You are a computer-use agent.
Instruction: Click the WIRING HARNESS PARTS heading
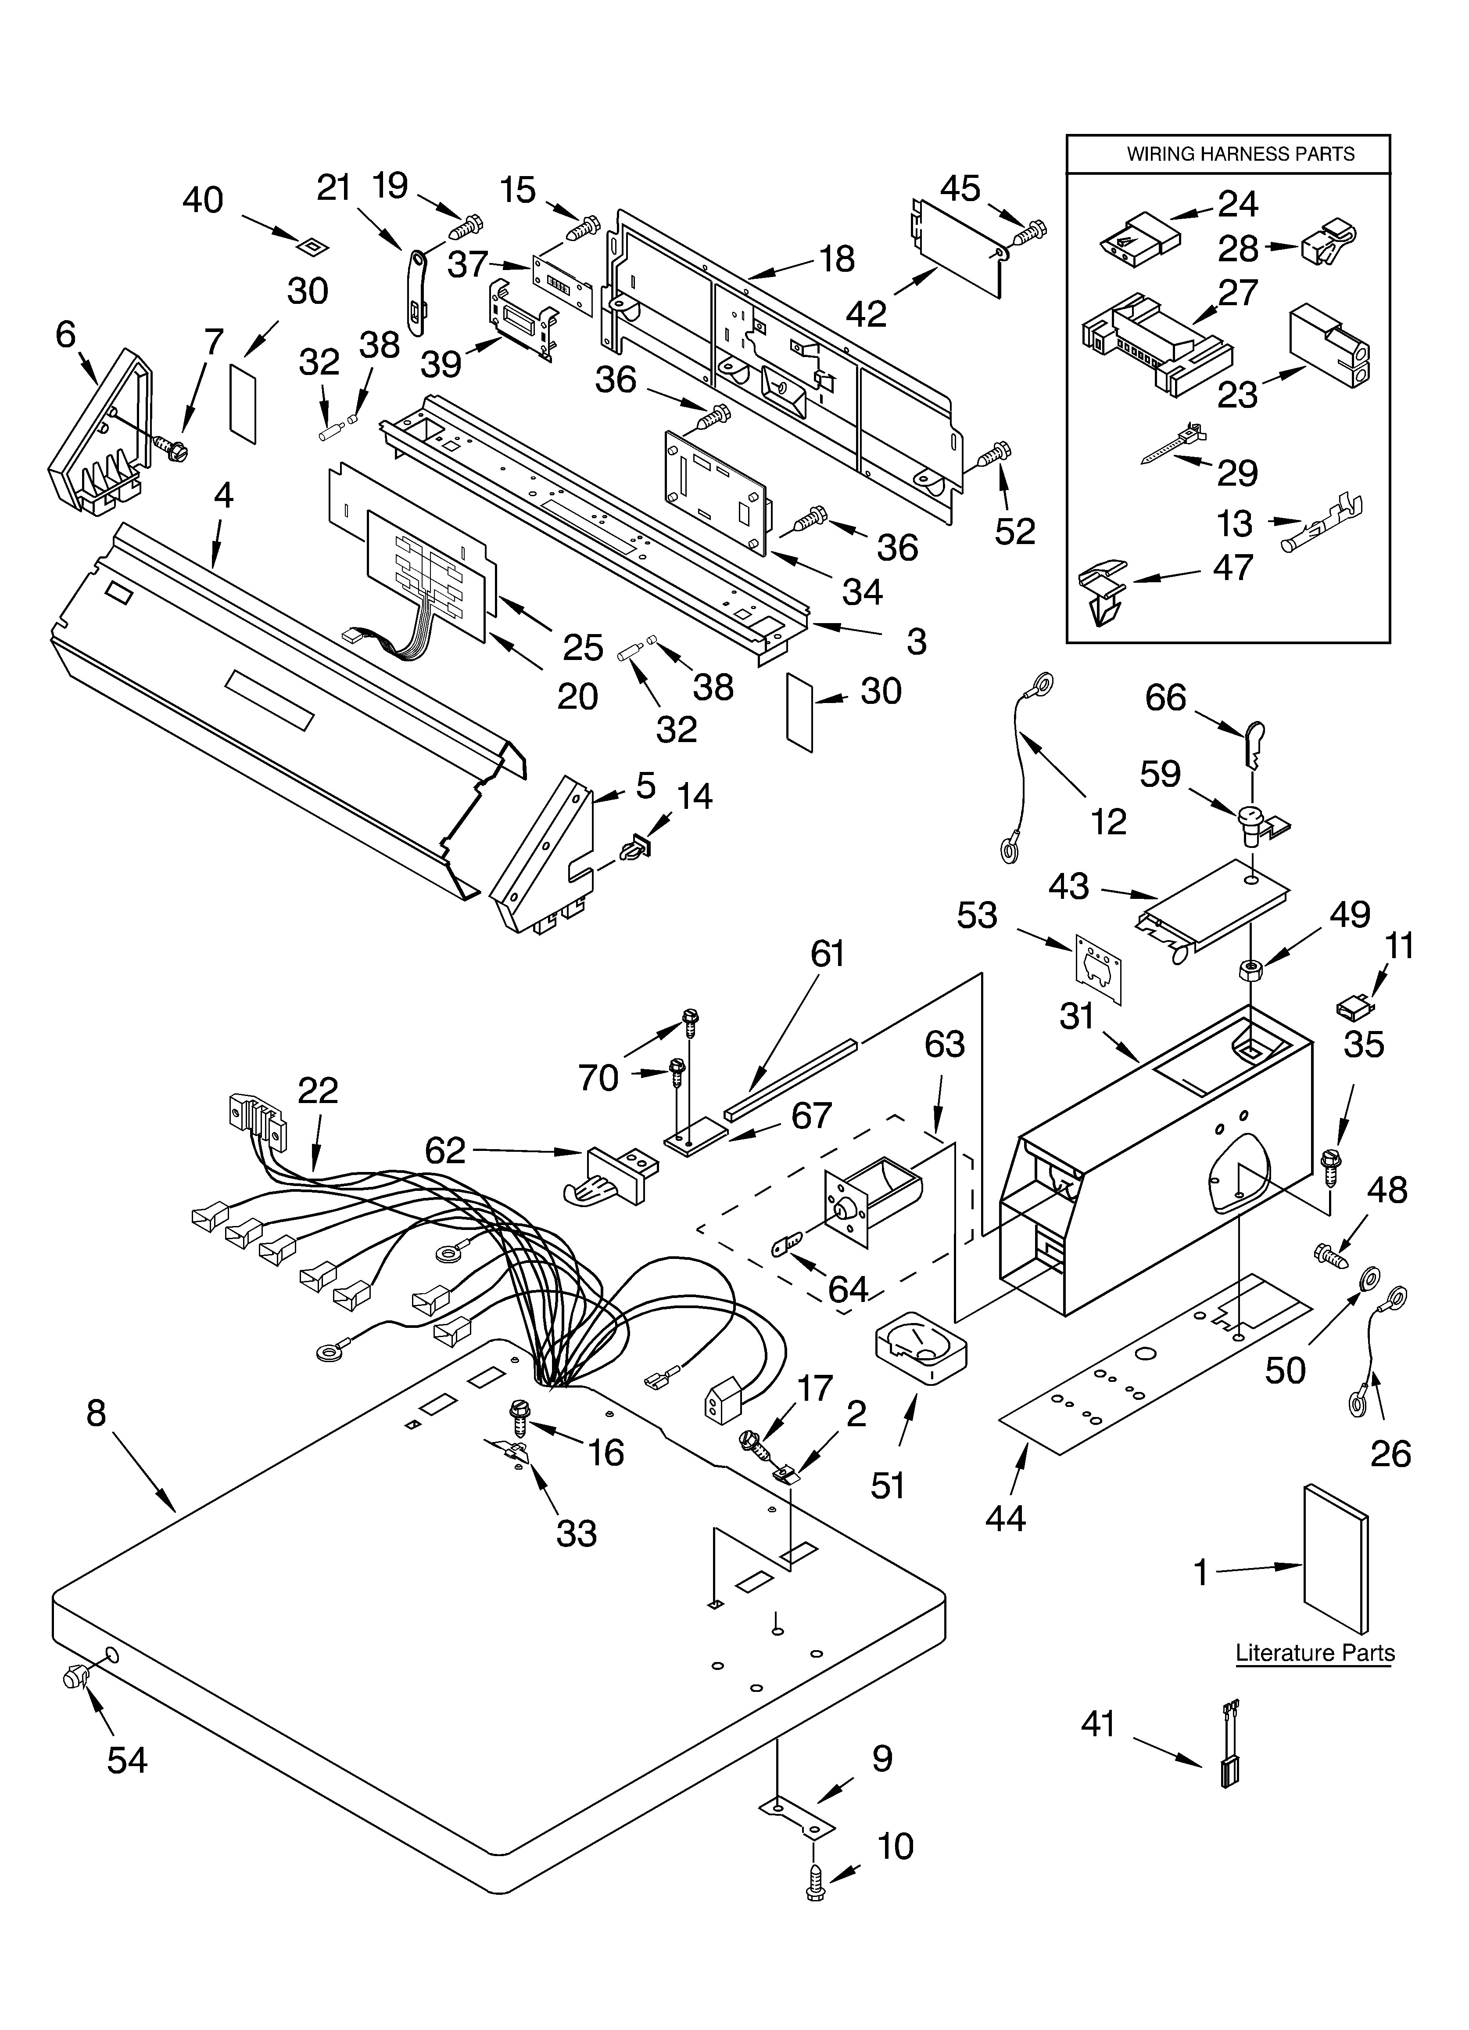[x=1240, y=154]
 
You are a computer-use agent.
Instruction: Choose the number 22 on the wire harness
[x=318, y=1090]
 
